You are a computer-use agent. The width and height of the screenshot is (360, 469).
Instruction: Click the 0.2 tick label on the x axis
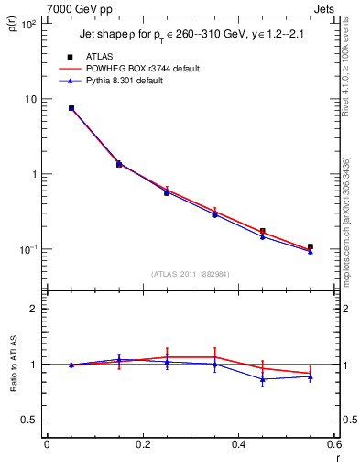click(x=142, y=446)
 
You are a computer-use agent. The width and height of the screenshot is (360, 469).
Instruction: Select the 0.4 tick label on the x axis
click(x=238, y=446)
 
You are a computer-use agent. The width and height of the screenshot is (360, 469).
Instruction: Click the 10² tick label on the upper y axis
click(x=28, y=24)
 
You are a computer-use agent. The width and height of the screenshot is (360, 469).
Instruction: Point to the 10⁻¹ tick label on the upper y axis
click(x=28, y=249)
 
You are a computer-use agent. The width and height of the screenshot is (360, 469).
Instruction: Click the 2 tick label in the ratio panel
click(x=34, y=309)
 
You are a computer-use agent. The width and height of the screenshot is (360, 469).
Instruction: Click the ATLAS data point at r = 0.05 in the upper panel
click(x=71, y=108)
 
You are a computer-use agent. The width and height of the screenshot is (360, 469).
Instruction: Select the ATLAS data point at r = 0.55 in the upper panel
click(x=311, y=246)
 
